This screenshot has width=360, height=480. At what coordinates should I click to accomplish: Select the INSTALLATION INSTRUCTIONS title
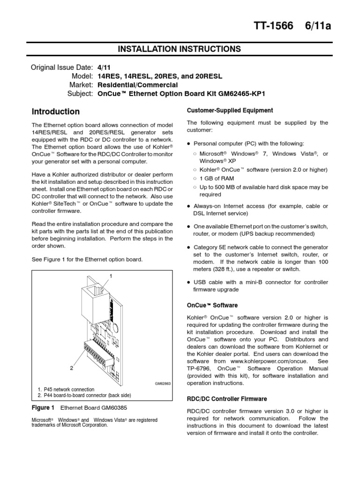pyautogui.click(x=180, y=49)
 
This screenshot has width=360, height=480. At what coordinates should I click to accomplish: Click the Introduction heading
pyautogui.click(x=55, y=112)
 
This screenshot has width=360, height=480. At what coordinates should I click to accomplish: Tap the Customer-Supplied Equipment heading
pyautogui.click(x=230, y=110)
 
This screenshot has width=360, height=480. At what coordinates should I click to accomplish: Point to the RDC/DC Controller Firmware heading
pyautogui.click(x=227, y=398)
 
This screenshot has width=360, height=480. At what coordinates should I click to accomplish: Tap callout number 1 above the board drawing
pyautogui.click(x=111, y=276)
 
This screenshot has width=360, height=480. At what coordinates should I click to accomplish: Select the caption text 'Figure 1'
pyautogui.click(x=43, y=407)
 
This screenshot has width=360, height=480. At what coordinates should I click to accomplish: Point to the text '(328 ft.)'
pyautogui.click(x=235, y=269)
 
